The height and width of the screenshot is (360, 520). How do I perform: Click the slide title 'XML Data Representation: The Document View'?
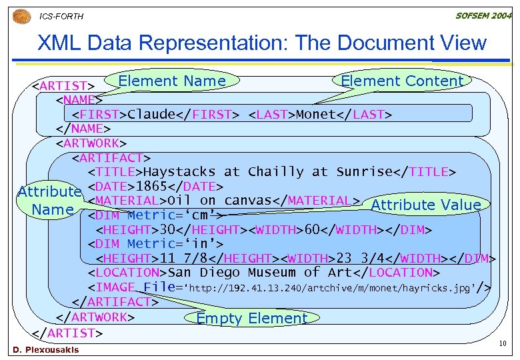pyautogui.click(x=262, y=43)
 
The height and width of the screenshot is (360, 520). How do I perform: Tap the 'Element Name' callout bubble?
pyautogui.click(x=171, y=81)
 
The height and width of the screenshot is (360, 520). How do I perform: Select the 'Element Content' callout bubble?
pyautogui.click(x=401, y=81)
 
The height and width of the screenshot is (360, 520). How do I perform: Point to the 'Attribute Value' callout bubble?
pyautogui.click(x=425, y=205)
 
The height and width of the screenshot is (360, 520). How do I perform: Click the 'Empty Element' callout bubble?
pyautogui.click(x=251, y=318)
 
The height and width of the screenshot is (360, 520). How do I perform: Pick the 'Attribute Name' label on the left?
pyautogui.click(x=49, y=201)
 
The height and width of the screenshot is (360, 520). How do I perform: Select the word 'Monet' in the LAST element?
pyautogui.click(x=316, y=114)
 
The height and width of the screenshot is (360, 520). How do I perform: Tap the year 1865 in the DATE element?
pyautogui.click(x=151, y=186)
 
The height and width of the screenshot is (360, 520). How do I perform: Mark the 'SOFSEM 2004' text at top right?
pyautogui.click(x=484, y=15)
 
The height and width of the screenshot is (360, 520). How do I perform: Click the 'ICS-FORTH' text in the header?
pyautogui.click(x=62, y=16)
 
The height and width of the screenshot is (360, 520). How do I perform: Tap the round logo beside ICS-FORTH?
pyautogui.click(x=23, y=15)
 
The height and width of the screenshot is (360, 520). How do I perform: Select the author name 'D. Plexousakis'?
pyautogui.click(x=45, y=350)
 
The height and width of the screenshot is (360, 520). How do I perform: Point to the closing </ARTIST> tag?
pyautogui.click(x=67, y=332)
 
